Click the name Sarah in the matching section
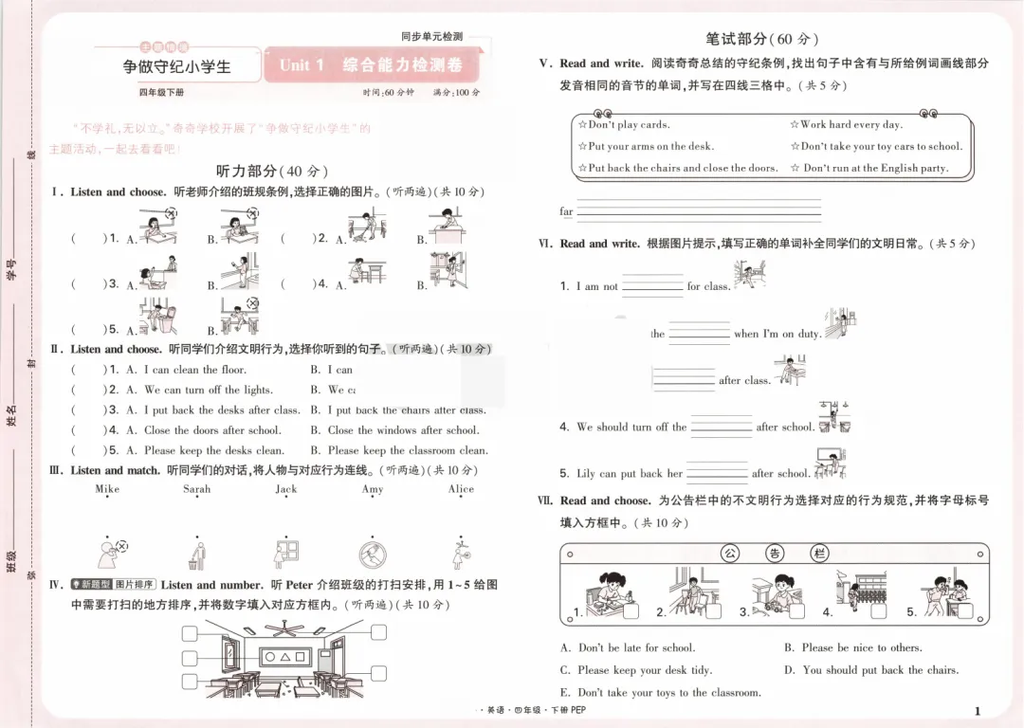[x=197, y=489]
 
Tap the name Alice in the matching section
[x=461, y=489]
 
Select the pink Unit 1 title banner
[x=371, y=65]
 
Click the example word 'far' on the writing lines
[x=566, y=212]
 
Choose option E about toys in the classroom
[x=661, y=693]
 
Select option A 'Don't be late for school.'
[x=628, y=648]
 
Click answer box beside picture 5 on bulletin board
[x=965, y=611]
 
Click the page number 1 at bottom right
[x=977, y=711]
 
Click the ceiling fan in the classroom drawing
[x=283, y=628]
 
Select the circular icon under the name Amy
[x=373, y=554]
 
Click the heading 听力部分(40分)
[x=272, y=172]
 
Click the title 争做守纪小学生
[x=177, y=67]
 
